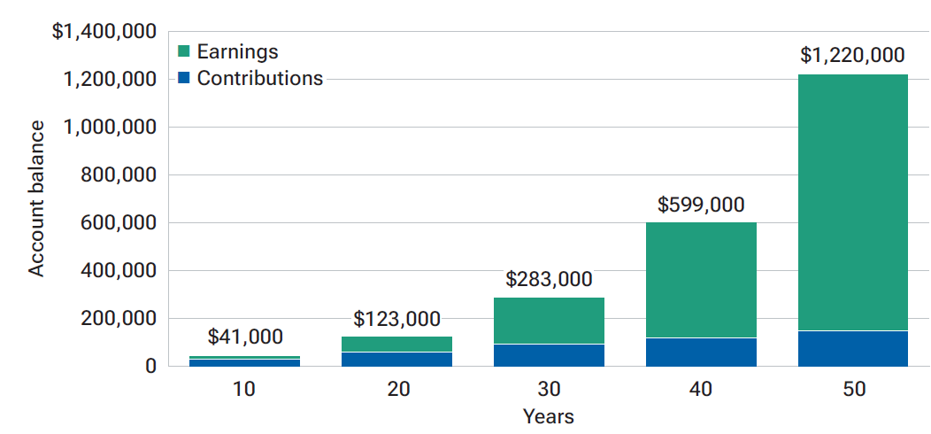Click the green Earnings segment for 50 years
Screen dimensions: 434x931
pyautogui.click(x=852, y=202)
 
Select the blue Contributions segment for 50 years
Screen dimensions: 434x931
pyautogui.click(x=852, y=348)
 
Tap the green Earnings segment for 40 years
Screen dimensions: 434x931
pyautogui.click(x=700, y=279)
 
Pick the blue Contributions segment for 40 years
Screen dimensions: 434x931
pyautogui.click(x=700, y=352)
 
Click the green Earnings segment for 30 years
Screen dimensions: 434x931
pyautogui.click(x=548, y=321)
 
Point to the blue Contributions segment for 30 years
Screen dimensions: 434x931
pyautogui.click(x=548, y=354)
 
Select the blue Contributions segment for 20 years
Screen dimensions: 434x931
pyautogui.click(x=396, y=359)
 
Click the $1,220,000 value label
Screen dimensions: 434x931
pyautogui.click(x=852, y=56)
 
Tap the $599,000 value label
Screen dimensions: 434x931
pyautogui.click(x=700, y=205)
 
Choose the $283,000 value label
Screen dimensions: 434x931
pyautogui.click(x=548, y=280)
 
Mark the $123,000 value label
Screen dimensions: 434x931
pyautogui.click(x=396, y=319)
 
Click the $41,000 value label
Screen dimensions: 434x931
pyautogui.click(x=245, y=337)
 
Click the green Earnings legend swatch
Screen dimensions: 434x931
pyautogui.click(x=184, y=51)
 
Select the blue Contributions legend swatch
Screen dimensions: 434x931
pyautogui.click(x=184, y=78)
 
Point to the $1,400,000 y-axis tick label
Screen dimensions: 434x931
pyautogui.click(x=104, y=33)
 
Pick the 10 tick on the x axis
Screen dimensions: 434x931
pyautogui.click(x=245, y=389)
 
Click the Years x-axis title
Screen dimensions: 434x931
pyautogui.click(x=548, y=416)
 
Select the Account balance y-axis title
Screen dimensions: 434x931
pyautogui.click(x=36, y=199)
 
